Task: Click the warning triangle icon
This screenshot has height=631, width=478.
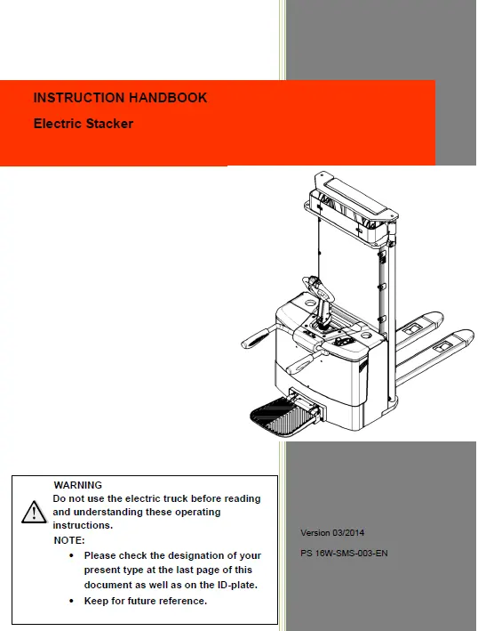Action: tap(34, 513)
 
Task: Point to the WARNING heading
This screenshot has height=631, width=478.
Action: tap(78, 485)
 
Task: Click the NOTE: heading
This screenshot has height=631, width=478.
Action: tap(69, 540)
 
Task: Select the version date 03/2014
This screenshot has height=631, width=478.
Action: tap(348, 533)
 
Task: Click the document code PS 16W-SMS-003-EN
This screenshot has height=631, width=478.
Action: tap(344, 554)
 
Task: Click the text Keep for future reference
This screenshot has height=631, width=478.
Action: tap(146, 601)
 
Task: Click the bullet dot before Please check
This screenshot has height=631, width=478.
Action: tap(71, 555)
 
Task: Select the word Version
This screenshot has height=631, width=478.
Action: tap(315, 533)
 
